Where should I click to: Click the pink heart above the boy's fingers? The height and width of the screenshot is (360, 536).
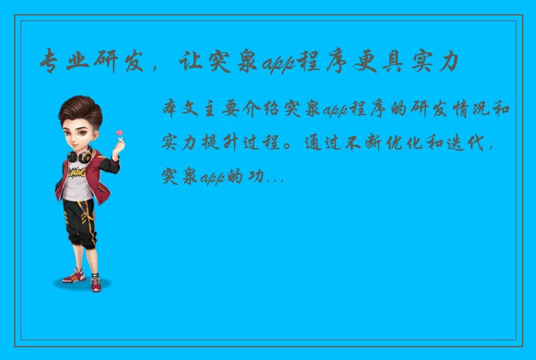[x=119, y=133]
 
